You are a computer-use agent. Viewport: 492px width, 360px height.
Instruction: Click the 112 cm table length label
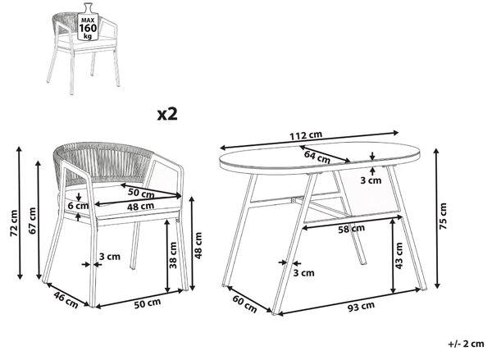306,135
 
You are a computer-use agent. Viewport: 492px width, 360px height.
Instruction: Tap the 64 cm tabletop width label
317,157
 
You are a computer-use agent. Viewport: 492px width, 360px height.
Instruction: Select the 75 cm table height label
443,216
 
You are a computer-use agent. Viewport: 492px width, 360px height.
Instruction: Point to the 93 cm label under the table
361,307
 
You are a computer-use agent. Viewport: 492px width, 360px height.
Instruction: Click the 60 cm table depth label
244,304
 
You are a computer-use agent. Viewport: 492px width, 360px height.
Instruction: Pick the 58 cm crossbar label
351,229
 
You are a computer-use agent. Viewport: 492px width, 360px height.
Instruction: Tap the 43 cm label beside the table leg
399,256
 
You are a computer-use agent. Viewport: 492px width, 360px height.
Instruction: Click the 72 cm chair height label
13,224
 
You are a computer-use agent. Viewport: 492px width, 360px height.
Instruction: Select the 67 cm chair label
32,221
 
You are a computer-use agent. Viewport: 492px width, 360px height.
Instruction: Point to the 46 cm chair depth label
66,300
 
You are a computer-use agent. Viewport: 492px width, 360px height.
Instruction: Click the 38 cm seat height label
173,255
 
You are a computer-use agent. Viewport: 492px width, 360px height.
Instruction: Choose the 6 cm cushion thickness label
78,206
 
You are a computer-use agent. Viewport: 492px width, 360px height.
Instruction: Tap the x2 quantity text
167,114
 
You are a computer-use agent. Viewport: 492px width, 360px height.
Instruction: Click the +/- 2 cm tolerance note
466,344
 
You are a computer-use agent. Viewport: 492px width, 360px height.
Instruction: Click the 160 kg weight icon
88,22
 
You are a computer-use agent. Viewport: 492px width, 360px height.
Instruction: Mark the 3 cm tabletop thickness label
371,180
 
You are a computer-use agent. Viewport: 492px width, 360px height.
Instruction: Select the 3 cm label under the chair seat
110,257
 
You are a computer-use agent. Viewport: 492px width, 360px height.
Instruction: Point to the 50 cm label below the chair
147,303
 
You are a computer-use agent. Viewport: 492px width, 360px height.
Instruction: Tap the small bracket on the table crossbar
294,200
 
